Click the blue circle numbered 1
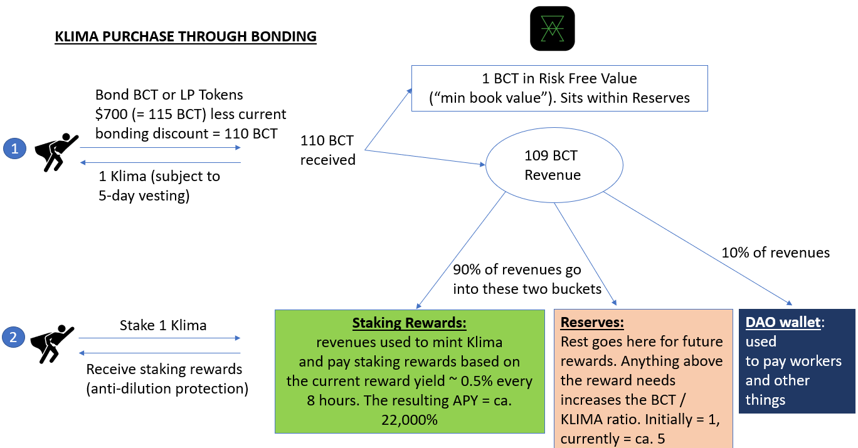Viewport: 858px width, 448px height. pos(13,149)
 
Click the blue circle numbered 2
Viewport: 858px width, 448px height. pos(13,338)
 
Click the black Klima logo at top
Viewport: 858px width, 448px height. pos(552,29)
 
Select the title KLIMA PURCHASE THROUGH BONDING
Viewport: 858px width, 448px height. pos(186,36)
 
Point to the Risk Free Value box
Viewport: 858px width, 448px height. pos(559,88)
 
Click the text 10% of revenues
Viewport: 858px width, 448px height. pos(775,253)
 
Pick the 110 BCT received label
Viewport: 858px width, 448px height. pos(327,150)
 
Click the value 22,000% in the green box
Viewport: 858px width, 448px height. pos(410,419)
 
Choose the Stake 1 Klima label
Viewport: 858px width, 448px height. pos(163,325)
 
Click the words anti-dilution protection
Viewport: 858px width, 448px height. pos(167,388)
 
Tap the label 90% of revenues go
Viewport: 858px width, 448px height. pos(517,270)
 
